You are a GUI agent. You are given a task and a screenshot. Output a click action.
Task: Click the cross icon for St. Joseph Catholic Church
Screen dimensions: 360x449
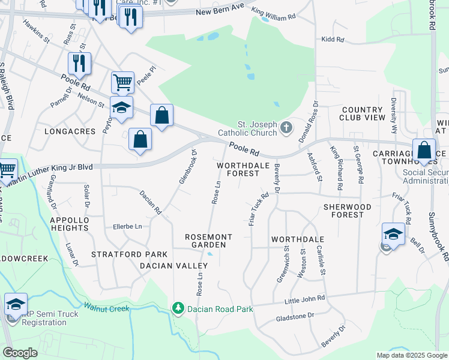point(286,127)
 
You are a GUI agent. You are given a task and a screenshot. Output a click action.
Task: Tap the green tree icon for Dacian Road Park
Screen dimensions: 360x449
point(178,308)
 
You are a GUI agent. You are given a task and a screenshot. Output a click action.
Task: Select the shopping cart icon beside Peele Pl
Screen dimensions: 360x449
point(122,82)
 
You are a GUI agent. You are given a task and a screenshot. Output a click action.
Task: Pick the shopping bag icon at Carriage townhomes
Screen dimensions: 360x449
point(424,150)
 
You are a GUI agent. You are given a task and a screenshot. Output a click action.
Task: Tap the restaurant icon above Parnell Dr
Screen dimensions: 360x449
point(79,63)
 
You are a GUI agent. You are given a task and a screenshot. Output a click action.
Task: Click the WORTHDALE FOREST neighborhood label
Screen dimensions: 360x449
point(238,169)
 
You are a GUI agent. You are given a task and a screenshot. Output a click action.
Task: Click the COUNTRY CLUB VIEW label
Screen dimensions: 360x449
point(363,114)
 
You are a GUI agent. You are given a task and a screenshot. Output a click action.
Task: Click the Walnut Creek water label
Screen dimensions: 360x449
point(106,308)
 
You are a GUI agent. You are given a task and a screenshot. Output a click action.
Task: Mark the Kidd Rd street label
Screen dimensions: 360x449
point(332,40)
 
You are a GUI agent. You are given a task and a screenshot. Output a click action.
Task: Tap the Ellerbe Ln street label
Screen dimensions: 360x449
point(127,226)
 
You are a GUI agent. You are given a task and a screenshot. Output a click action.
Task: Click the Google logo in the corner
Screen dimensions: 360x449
point(20,353)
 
